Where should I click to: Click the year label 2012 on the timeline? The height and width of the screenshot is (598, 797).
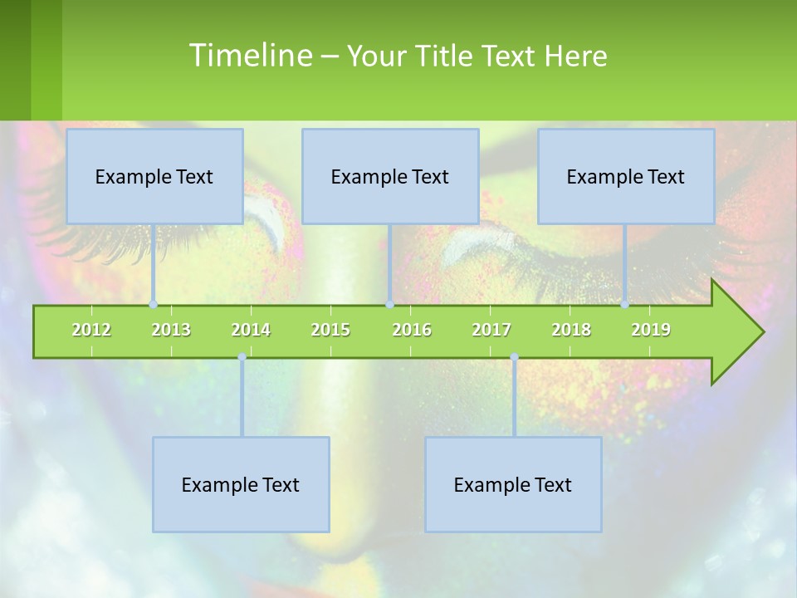pyautogui.click(x=91, y=330)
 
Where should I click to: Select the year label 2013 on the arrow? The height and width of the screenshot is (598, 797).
pyautogui.click(x=171, y=330)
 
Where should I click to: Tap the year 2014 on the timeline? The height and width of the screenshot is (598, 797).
pyautogui.click(x=251, y=330)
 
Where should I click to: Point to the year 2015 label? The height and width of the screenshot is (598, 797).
pyautogui.click(x=330, y=330)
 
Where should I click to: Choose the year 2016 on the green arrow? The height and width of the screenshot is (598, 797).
pyautogui.click(x=412, y=330)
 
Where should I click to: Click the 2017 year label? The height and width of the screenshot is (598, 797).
pyautogui.click(x=491, y=330)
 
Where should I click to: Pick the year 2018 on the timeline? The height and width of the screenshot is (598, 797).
pyautogui.click(x=571, y=330)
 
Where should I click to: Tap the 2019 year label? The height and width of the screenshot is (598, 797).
pyautogui.click(x=651, y=330)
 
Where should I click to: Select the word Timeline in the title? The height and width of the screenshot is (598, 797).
pyautogui.click(x=249, y=56)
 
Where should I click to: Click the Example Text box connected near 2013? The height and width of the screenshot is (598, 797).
pyautogui.click(x=154, y=176)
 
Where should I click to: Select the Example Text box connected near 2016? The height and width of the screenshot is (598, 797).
pyautogui.click(x=390, y=176)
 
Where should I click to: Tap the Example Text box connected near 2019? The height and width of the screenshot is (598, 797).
pyautogui.click(x=626, y=176)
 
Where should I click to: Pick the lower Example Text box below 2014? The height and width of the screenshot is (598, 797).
pyautogui.click(x=241, y=484)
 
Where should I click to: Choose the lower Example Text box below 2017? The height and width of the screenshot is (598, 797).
pyautogui.click(x=513, y=484)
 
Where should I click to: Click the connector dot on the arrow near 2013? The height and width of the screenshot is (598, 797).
pyautogui.click(x=154, y=305)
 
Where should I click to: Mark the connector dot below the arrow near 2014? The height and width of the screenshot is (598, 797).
pyautogui.click(x=242, y=357)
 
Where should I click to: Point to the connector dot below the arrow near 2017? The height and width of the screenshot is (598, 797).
pyautogui.click(x=514, y=357)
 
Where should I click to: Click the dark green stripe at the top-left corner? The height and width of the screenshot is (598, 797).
pyautogui.click(x=15, y=60)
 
